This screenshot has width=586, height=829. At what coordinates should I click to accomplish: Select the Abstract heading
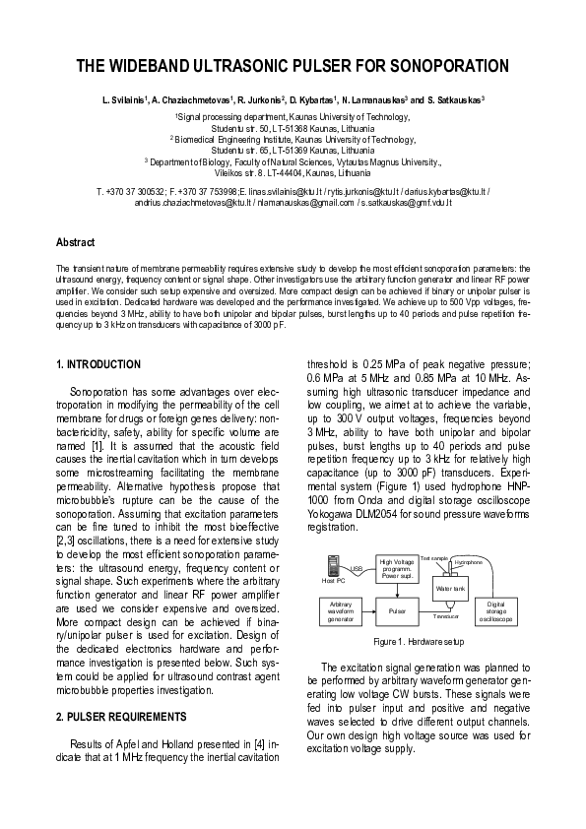(75, 241)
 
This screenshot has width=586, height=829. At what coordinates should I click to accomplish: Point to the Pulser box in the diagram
(397, 610)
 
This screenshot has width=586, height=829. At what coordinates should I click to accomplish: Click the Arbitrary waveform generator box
(340, 610)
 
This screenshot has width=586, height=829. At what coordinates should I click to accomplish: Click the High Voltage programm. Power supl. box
(397, 569)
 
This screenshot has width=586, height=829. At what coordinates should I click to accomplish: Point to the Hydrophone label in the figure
(469, 562)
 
